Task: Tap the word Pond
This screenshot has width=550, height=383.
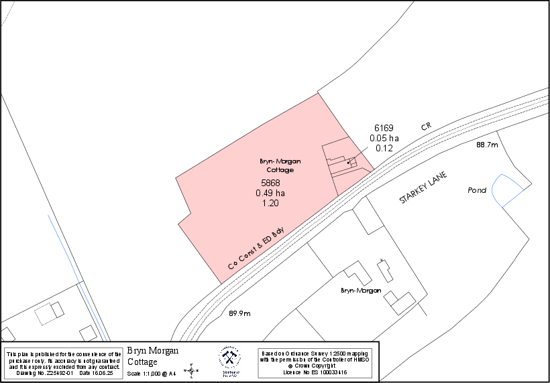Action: pyautogui.click(x=477, y=191)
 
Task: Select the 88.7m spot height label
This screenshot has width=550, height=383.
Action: pyautogui.click(x=487, y=145)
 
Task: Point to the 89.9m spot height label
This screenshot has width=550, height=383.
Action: pyautogui.click(x=239, y=313)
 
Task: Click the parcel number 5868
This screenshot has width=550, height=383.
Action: pyautogui.click(x=270, y=183)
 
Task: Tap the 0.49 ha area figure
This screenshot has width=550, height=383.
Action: pyautogui.click(x=270, y=193)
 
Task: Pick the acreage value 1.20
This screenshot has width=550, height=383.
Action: pyautogui.click(x=270, y=203)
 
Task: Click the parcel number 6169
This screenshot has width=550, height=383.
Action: pyautogui.click(x=384, y=128)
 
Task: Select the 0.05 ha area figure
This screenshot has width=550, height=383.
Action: pyautogui.click(x=384, y=138)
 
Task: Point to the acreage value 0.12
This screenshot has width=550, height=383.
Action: pyautogui.click(x=384, y=148)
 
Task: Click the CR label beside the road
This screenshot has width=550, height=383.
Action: pyautogui.click(x=425, y=126)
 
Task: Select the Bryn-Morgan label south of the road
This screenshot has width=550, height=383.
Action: pyautogui.click(x=361, y=291)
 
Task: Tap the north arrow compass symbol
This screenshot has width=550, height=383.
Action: pyautogui.click(x=192, y=369)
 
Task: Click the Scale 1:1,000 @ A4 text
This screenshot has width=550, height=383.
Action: pyautogui.click(x=151, y=373)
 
